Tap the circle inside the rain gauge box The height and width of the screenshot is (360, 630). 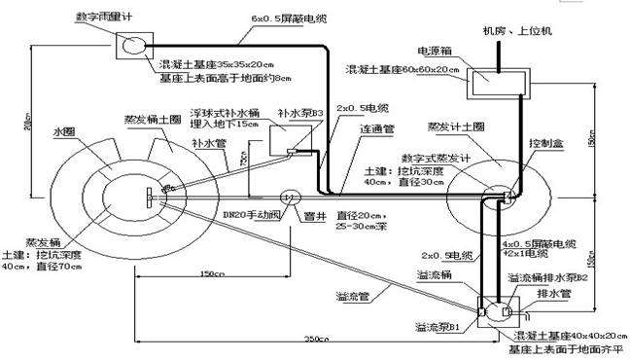(133, 44)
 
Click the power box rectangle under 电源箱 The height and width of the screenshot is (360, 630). (497, 84)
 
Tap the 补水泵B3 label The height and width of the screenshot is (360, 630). (301, 113)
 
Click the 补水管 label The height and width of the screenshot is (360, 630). (208, 143)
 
